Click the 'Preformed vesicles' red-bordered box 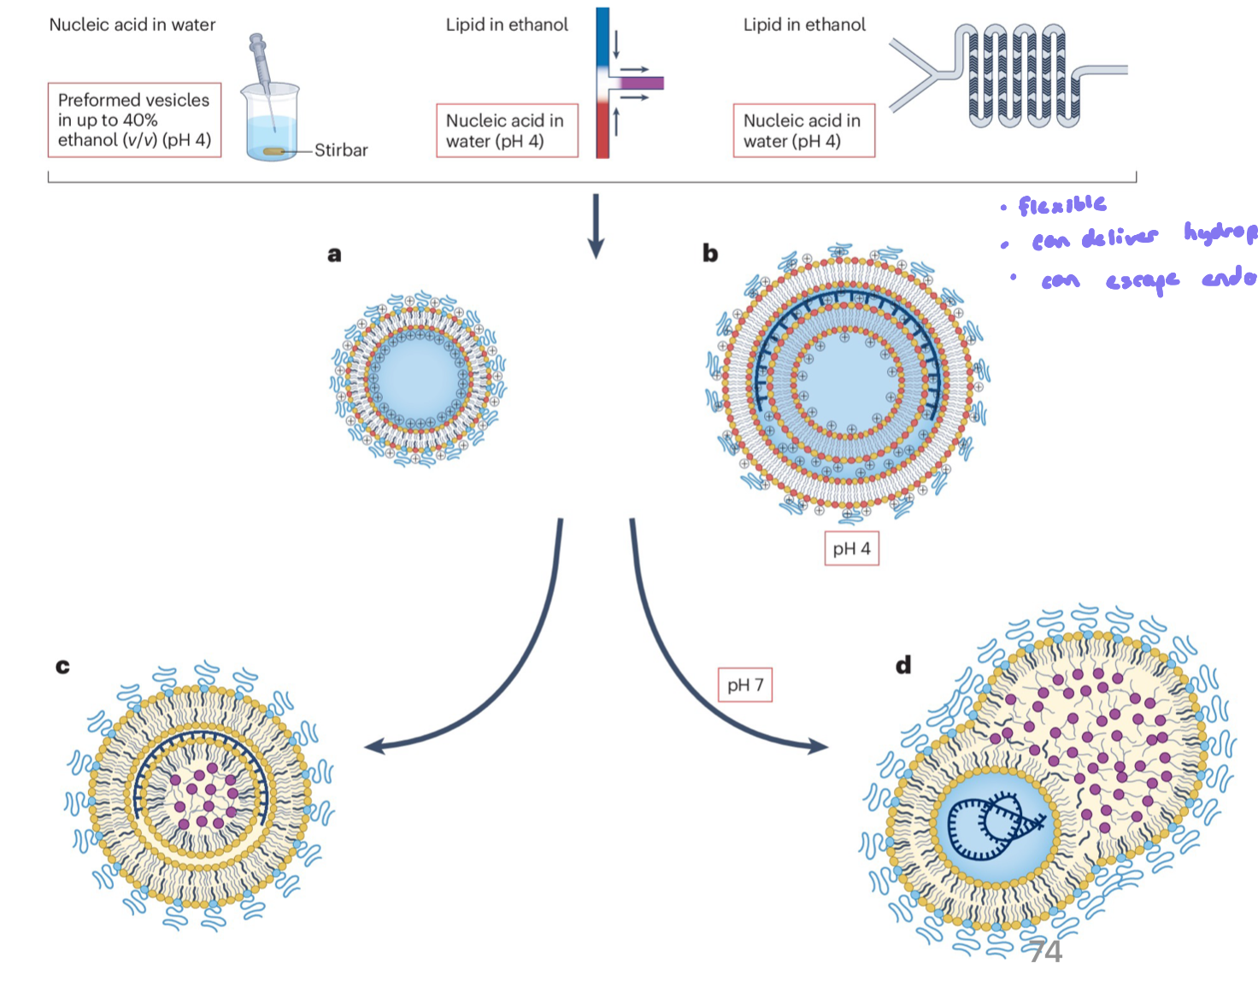134,120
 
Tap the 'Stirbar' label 341,150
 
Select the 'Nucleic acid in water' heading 132,25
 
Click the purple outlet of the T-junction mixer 643,83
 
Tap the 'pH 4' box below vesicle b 851,549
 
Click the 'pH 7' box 744,684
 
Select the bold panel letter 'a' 334,254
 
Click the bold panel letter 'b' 710,253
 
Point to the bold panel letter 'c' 62,666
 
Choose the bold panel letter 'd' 903,665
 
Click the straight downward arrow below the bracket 597,226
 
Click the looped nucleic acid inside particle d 996,825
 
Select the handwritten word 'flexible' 1062,205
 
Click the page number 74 1044,951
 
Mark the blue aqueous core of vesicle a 418,378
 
